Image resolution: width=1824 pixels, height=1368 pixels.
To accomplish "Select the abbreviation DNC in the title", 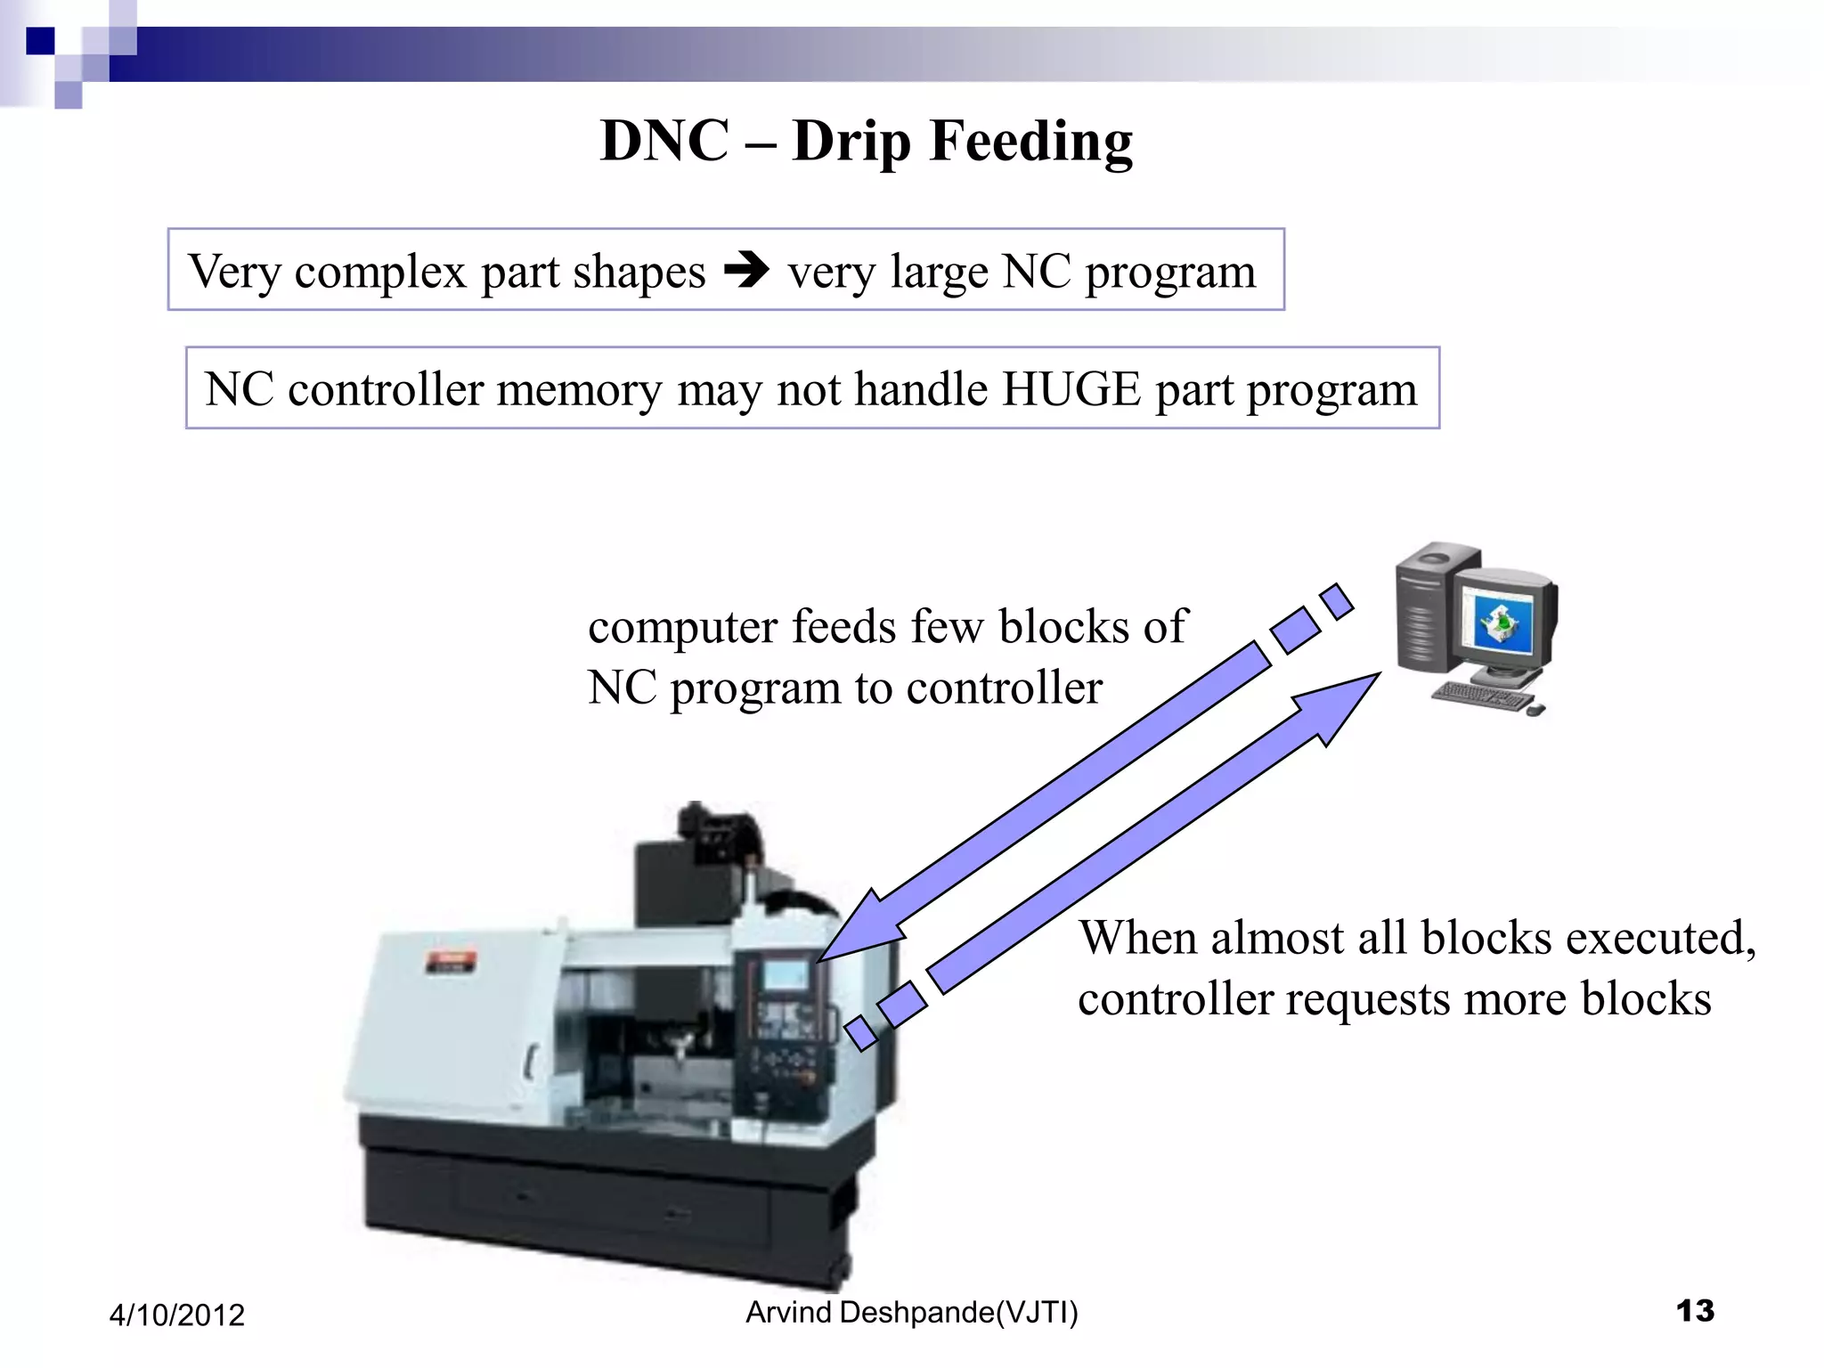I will coord(664,141).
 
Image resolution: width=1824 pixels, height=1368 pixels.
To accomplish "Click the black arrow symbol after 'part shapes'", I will coord(746,269).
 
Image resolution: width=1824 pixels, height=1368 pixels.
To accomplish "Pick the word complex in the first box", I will coord(380,272).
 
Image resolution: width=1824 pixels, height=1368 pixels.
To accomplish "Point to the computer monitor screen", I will coord(1502,624).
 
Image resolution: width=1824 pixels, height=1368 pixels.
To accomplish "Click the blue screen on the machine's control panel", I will coord(786,974).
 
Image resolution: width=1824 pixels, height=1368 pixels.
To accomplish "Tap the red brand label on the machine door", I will coord(452,961).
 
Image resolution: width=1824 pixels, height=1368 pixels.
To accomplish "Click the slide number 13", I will coord(1694,1310).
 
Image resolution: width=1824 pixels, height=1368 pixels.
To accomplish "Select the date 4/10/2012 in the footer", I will coord(176,1315).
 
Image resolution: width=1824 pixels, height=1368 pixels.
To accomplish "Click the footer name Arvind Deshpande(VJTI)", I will coord(911,1312).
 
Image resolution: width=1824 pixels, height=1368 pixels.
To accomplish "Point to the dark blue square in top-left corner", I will coord(41,41).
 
